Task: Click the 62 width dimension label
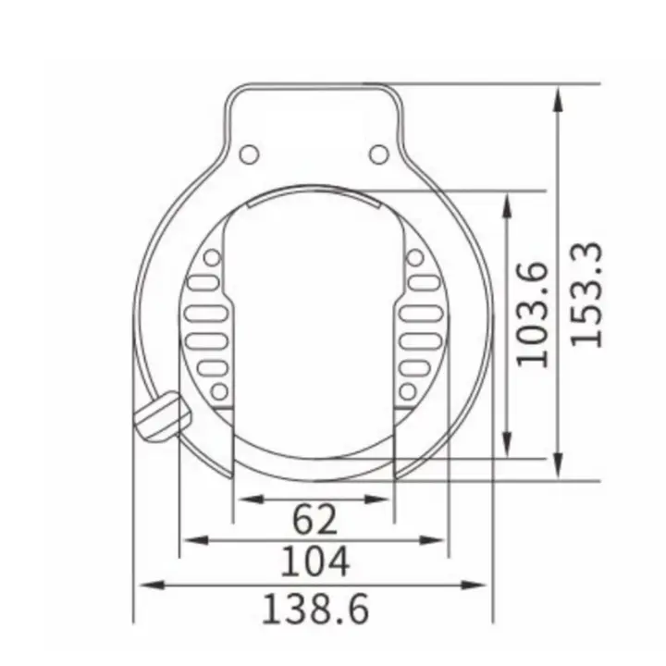[315, 520]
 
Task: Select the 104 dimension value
[315, 561]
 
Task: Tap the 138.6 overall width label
[315, 609]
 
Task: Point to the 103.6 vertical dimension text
[534, 314]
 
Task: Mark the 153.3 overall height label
[586, 294]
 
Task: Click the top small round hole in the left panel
[212, 258]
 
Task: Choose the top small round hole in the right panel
[416, 258]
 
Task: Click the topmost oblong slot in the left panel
[204, 282]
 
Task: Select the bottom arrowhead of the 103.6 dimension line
[507, 448]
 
